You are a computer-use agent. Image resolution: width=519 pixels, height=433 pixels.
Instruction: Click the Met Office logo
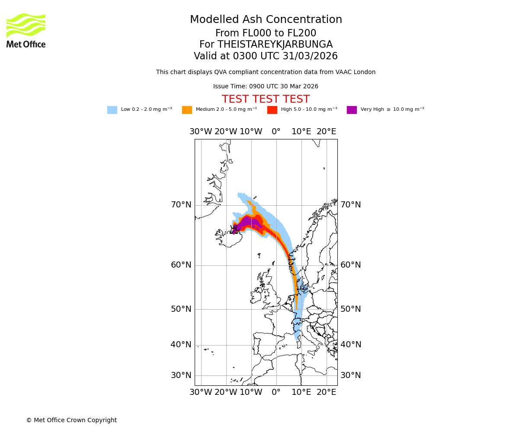(x=26, y=30)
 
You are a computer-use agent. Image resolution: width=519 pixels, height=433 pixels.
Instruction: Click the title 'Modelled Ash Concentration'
(x=266, y=20)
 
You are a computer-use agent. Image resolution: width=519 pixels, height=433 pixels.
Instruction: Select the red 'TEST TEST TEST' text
(x=266, y=100)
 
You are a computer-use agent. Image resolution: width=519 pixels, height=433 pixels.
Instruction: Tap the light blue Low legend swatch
(x=112, y=110)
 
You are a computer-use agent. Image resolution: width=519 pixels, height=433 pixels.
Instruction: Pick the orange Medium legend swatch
(x=187, y=110)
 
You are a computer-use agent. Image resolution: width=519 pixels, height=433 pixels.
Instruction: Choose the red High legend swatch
(x=272, y=110)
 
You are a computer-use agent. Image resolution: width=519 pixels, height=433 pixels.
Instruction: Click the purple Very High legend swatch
(x=352, y=110)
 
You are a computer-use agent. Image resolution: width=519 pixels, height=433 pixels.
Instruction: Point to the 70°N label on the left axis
(x=181, y=205)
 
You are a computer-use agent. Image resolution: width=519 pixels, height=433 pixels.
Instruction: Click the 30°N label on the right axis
(x=350, y=375)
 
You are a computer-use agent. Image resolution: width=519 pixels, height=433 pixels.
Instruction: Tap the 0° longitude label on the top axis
(x=276, y=132)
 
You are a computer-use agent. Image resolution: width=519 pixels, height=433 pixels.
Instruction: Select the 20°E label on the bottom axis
(x=326, y=392)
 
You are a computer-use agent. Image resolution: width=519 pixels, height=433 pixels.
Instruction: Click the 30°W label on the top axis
(x=201, y=132)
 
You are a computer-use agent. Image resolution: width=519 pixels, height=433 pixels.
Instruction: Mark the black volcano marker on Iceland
(x=234, y=229)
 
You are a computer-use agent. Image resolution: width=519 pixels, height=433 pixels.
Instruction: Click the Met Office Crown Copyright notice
(x=71, y=420)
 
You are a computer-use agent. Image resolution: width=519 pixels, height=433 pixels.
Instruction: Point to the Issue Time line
(x=266, y=87)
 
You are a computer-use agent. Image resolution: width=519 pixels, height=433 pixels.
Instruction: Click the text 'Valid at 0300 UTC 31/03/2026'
(x=266, y=56)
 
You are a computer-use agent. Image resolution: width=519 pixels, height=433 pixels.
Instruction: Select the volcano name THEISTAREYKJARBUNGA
(x=275, y=45)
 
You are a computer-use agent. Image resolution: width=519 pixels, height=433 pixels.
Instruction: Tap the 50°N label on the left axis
(x=181, y=309)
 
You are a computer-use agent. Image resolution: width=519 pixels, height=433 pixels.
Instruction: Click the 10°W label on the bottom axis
(x=251, y=392)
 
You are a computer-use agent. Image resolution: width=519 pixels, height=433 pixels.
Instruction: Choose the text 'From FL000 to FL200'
(x=266, y=33)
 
